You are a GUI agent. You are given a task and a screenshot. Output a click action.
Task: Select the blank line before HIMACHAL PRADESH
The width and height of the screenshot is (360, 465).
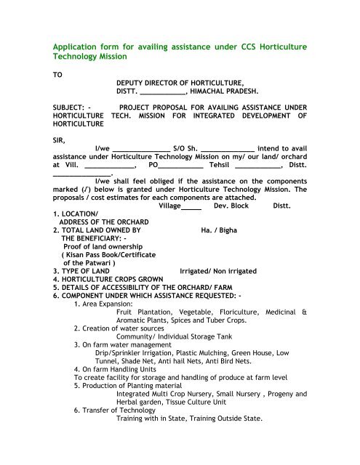point(162,94)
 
